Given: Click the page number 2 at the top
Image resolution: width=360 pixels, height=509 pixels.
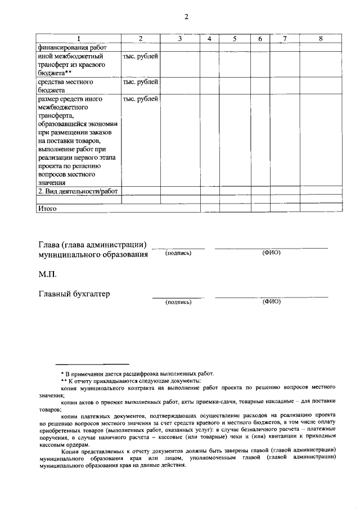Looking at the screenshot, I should [186, 16].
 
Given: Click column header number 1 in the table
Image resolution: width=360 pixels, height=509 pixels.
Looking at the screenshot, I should [78, 39].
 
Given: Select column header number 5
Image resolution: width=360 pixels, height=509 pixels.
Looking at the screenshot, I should [234, 39].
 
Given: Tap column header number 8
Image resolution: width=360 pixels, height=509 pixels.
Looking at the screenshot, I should [320, 39].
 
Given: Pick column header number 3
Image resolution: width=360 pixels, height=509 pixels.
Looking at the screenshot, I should [179, 39].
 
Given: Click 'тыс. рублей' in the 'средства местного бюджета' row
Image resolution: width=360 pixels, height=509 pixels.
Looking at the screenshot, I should [140, 82].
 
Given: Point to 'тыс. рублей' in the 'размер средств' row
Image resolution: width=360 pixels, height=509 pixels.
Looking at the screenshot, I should [140, 99].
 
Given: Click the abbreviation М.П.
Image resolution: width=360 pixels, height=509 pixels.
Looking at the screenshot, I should [48, 274].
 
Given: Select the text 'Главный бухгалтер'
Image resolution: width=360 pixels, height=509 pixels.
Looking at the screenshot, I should [74, 294].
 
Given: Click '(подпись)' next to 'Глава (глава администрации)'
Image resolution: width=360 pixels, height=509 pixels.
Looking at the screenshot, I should [178, 253].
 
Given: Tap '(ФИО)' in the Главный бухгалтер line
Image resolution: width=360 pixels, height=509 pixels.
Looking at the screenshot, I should [271, 301].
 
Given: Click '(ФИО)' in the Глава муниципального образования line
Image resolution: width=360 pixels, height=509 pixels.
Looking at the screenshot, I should [271, 253].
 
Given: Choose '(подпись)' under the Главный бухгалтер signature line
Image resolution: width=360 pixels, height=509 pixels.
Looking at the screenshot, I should [178, 302].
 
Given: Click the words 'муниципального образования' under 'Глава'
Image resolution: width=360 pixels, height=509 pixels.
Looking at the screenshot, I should [93, 254].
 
